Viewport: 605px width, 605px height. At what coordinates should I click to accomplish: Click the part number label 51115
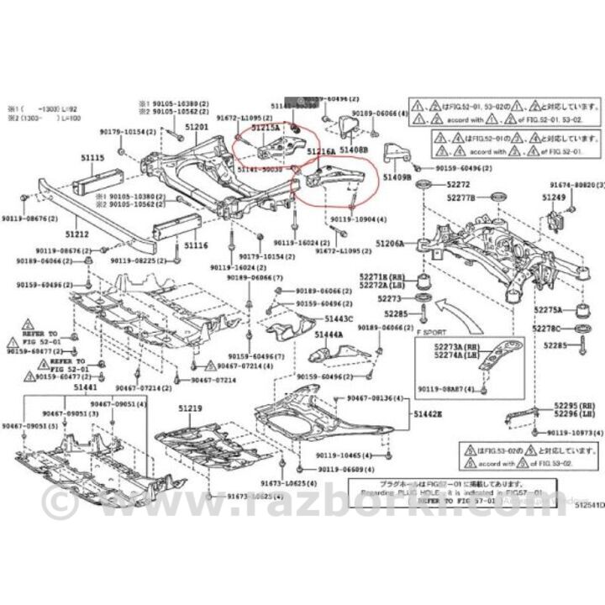tap(91, 157)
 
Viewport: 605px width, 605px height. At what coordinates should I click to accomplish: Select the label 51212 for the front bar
tap(79, 234)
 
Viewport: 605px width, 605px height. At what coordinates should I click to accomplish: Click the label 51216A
tap(321, 151)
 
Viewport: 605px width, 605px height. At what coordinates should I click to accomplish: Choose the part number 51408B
tap(354, 149)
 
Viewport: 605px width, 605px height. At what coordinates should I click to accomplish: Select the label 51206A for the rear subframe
tap(390, 243)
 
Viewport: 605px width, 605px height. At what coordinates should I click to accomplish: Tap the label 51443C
tap(339, 318)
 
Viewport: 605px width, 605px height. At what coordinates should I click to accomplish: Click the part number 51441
tap(85, 387)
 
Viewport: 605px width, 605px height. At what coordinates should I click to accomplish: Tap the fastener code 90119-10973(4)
tap(575, 432)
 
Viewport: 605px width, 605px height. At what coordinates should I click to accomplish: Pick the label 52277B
tap(461, 197)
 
